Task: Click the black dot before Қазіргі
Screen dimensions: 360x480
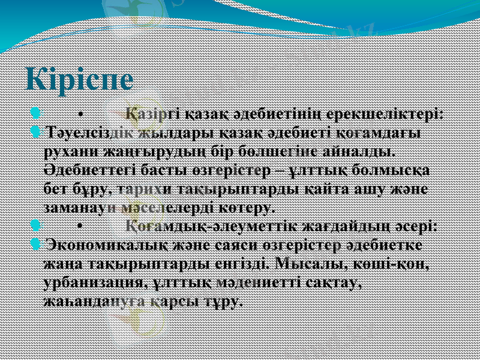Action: pyautogui.click(x=79, y=114)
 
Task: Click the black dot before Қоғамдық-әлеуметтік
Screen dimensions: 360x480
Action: pyautogui.click(x=79, y=227)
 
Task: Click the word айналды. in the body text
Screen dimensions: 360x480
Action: pyautogui.click(x=367, y=151)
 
